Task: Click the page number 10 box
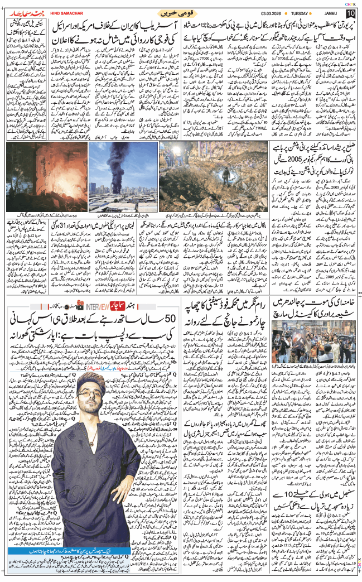tap(350, 13)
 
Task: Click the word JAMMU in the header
tap(334, 13)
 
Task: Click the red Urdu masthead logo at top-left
tap(23, 12)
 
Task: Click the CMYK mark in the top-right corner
tap(350, 3)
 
